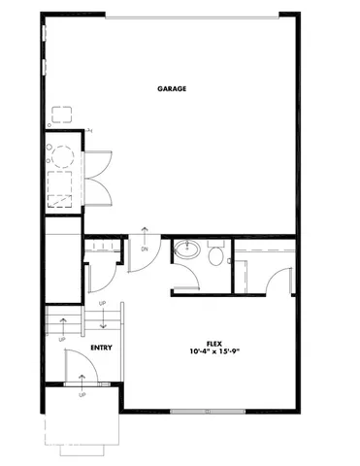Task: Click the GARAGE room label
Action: point(172,89)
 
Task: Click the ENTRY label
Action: point(100,347)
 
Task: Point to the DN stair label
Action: point(145,249)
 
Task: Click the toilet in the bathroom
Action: point(216,255)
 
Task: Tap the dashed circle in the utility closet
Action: point(63,156)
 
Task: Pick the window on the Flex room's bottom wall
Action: point(207,412)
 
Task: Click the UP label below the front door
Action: point(82,397)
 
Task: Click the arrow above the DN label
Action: point(145,233)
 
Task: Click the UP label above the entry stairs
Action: point(104,304)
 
